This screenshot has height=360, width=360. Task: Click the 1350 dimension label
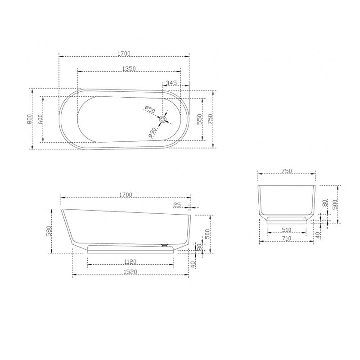point(129,68)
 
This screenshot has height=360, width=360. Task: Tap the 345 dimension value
point(171,83)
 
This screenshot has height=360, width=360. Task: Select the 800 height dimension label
point(30,119)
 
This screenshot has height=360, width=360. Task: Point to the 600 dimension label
point(40,119)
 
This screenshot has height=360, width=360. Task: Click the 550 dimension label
point(199,119)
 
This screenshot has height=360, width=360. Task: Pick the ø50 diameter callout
point(150,109)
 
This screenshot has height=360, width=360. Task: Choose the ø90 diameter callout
point(152,133)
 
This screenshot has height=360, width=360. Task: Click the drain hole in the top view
point(163,119)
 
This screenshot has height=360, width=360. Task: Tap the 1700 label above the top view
point(124,54)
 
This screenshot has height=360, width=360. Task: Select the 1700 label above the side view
point(126,195)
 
